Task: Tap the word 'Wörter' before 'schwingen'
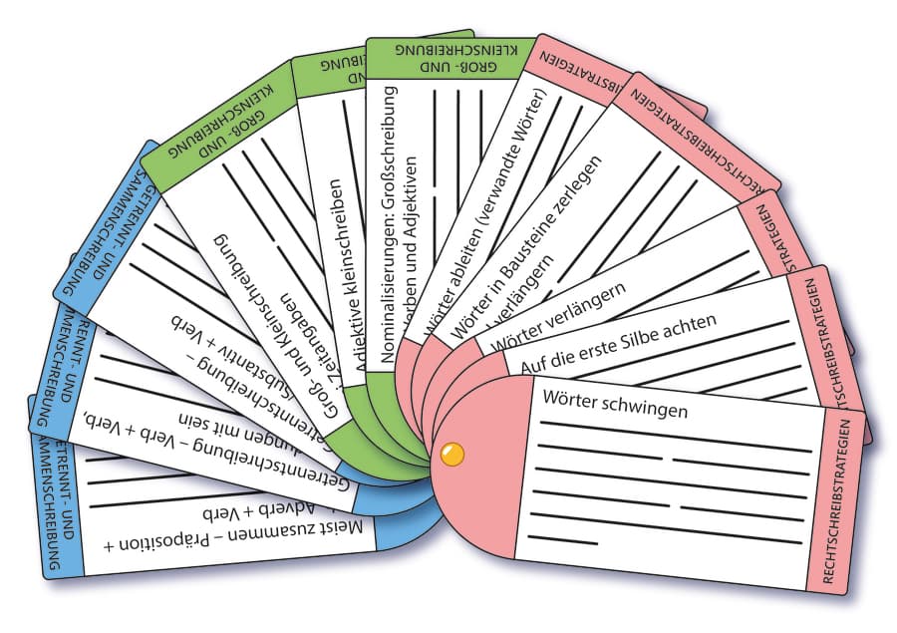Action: coord(573,398)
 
